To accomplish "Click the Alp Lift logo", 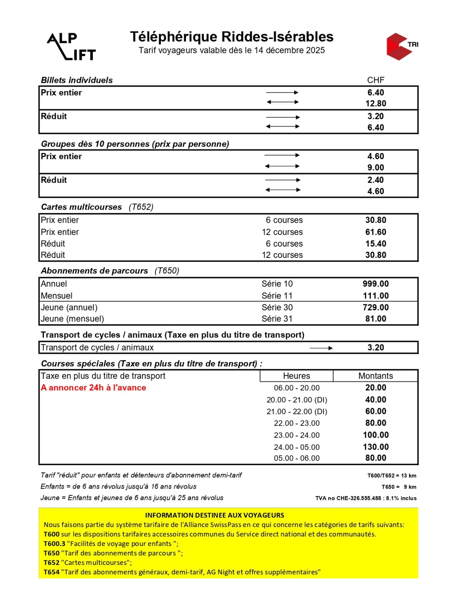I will [x=72, y=46].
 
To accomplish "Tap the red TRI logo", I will [x=401, y=46].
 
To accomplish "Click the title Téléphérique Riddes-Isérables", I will [x=232, y=37].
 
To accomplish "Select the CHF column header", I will [x=375, y=80].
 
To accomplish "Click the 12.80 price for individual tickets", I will [x=375, y=103].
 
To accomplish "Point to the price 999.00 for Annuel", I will [x=375, y=284].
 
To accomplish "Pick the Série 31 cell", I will [x=277, y=319].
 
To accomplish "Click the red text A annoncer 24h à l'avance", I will [x=94, y=388].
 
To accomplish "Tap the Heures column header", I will [x=296, y=376].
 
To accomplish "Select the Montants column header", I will [x=375, y=376].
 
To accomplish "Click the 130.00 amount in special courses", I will [x=375, y=447].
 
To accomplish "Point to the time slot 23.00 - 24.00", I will [x=297, y=435].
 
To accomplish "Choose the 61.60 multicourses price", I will [x=375, y=232].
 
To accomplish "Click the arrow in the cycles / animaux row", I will [x=321, y=348].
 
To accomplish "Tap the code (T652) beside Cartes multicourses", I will [x=141, y=207].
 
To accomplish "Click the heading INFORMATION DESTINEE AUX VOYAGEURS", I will [x=215, y=515].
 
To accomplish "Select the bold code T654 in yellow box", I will [x=51, y=572].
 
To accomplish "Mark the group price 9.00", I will [x=375, y=168].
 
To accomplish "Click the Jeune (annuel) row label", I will [x=69, y=307].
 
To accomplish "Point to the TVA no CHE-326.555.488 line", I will [x=366, y=498].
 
